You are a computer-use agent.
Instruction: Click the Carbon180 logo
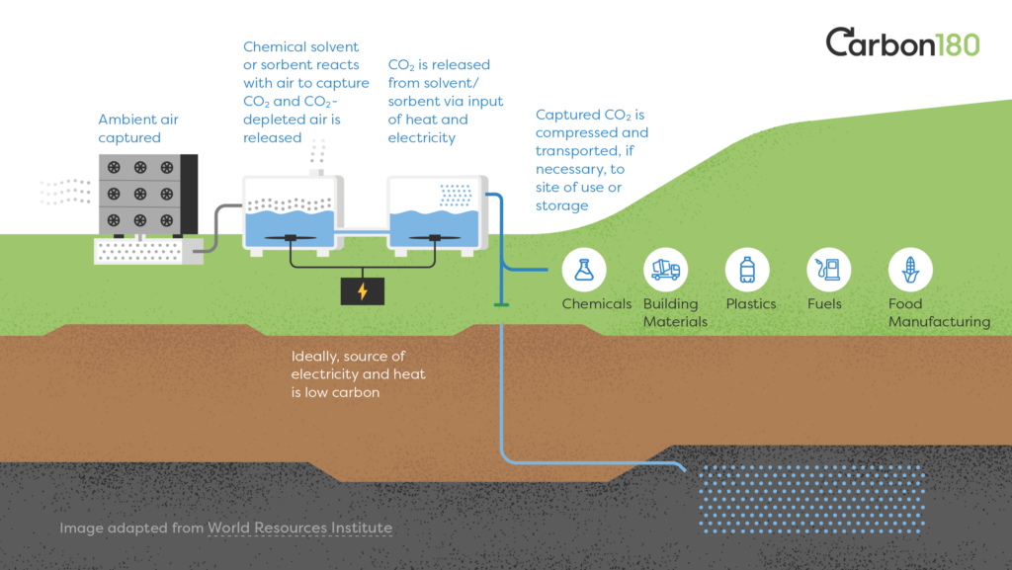tap(902, 43)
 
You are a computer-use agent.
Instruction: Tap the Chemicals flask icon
tap(584, 269)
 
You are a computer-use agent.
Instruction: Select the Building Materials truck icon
tap(665, 269)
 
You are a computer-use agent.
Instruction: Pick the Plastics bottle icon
tap(747, 269)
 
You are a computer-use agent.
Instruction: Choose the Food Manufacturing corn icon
tap(910, 269)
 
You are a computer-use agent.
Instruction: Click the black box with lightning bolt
tap(362, 291)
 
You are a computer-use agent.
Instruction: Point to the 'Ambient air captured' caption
tap(138, 128)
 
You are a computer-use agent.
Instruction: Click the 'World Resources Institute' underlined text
tap(299, 528)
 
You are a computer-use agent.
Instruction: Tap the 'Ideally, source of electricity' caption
tap(348, 373)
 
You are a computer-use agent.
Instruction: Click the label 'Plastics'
tap(751, 304)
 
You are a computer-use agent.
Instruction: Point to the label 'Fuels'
tap(824, 304)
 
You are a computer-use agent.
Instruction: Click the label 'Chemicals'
tap(596, 304)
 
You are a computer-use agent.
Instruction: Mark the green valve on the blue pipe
tap(501, 304)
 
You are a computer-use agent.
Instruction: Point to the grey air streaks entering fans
tap(65, 191)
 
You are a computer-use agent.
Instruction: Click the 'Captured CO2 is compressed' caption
tap(592, 160)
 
